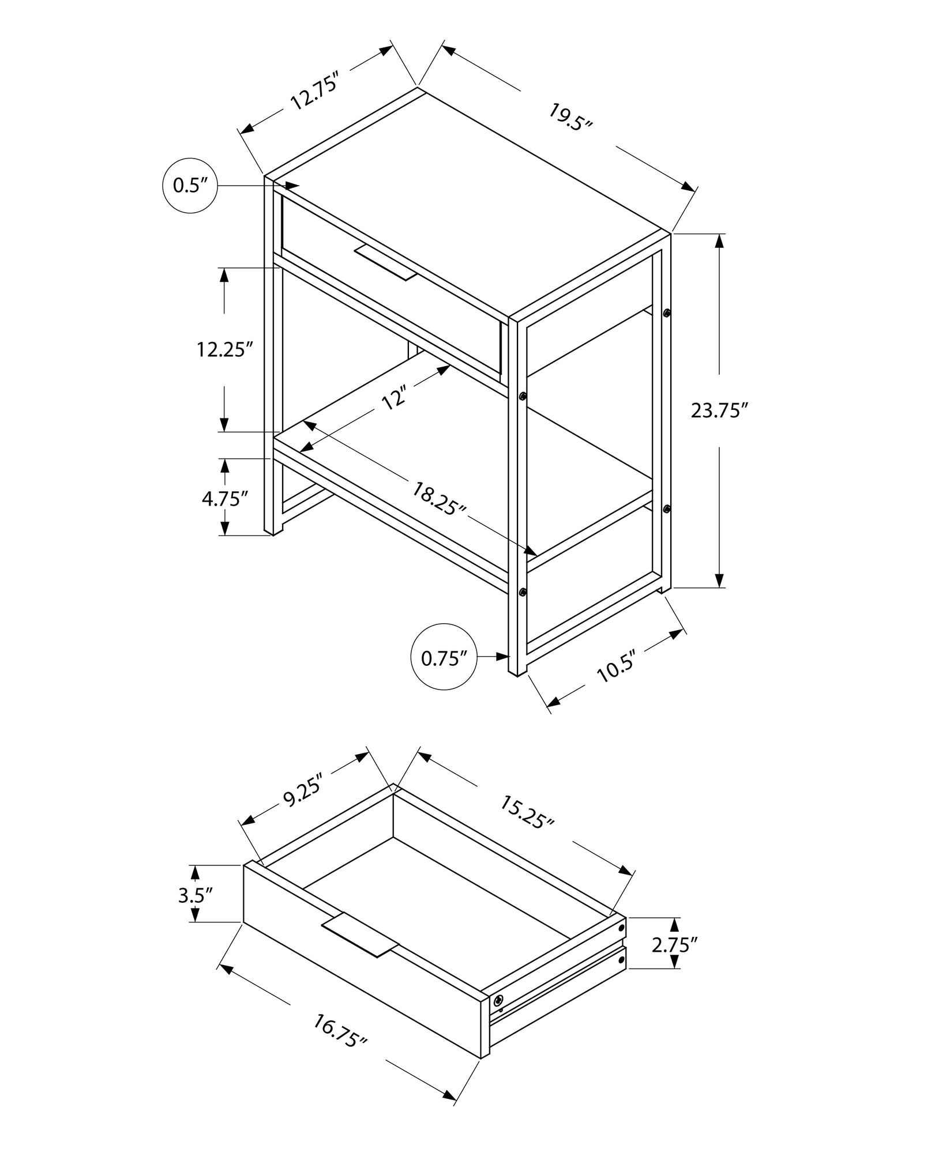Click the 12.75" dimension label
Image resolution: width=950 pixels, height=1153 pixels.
pos(313,91)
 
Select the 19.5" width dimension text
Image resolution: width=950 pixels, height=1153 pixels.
pos(570,118)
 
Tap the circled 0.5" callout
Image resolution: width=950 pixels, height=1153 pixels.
pos(190,186)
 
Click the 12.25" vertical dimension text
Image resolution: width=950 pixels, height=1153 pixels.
pos(225,349)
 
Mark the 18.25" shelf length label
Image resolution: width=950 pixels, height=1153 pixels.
pos(439,498)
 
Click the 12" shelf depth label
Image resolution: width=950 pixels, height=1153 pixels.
pos(395,398)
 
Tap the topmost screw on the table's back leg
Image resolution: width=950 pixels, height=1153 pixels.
pos(667,313)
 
